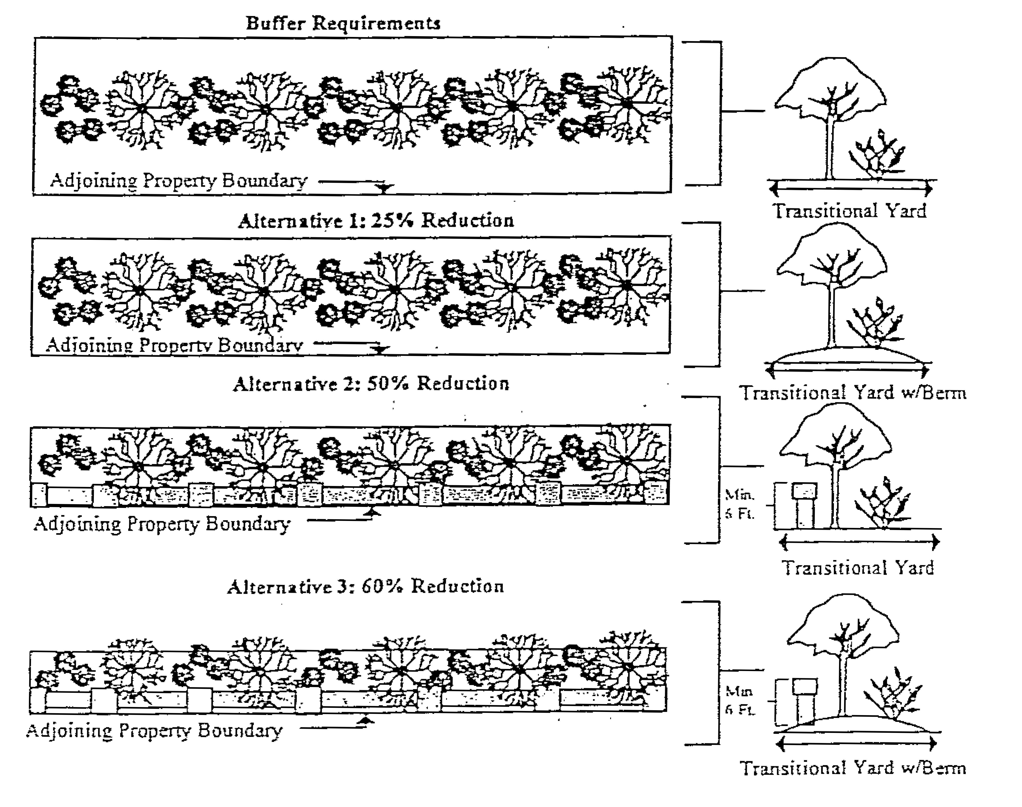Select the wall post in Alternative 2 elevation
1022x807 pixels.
[x=805, y=506]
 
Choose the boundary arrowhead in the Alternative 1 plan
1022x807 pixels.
[x=380, y=350]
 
